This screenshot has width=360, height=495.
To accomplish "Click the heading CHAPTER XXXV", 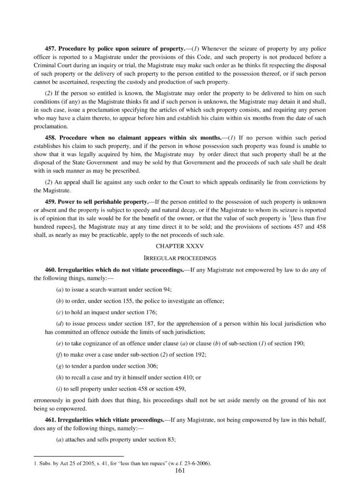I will pyautogui.click(x=180, y=246).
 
